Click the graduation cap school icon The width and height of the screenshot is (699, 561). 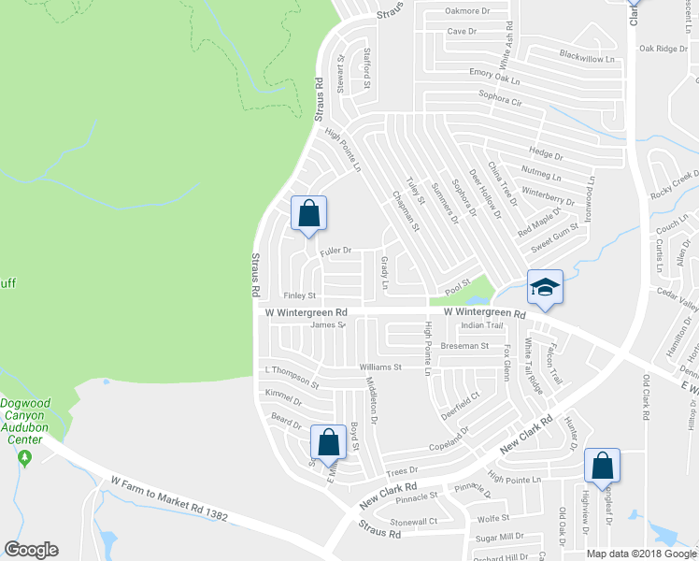pos(545,287)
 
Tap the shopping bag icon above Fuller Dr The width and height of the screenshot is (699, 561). pos(309,213)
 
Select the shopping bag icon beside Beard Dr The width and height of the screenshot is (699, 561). pos(328,441)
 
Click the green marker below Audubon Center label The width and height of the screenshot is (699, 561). pos(24,457)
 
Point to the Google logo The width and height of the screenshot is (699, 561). pos(31,550)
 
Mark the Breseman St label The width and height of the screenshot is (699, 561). pos(464,346)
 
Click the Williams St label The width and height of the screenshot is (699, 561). pos(379,367)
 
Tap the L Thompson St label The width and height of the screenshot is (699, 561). pos(292,377)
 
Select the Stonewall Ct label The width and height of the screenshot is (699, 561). pos(414,522)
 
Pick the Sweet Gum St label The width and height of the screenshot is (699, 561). pos(556,230)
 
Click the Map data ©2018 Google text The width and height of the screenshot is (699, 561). pos(640,554)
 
